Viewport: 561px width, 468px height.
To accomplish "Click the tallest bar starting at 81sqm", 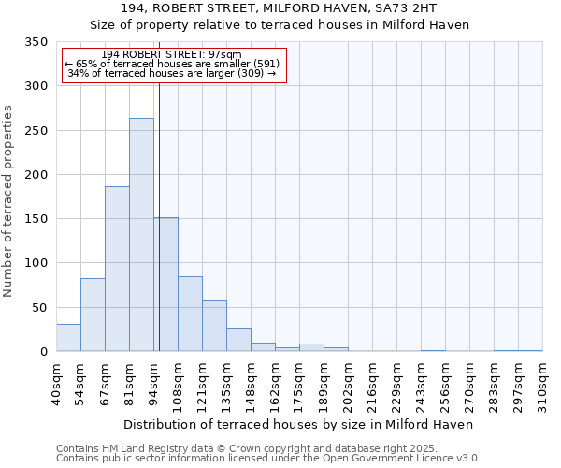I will (x=141, y=234).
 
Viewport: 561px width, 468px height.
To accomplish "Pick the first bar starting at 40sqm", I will (x=68, y=338).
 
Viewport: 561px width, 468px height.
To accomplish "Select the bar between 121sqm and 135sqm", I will (x=214, y=326).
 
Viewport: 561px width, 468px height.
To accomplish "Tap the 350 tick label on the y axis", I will (x=36, y=42).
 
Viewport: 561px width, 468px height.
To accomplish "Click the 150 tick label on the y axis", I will (x=36, y=219).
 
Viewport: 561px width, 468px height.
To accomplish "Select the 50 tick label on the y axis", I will (x=40, y=307).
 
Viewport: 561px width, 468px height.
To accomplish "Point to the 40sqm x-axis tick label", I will (x=56, y=381).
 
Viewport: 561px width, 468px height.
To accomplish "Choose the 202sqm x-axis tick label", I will (x=348, y=383).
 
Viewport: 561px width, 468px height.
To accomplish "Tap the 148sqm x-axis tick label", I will (x=251, y=383).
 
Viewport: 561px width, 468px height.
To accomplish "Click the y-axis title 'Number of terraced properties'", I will (x=8, y=201).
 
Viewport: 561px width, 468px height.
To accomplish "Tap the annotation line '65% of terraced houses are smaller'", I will (x=172, y=64).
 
